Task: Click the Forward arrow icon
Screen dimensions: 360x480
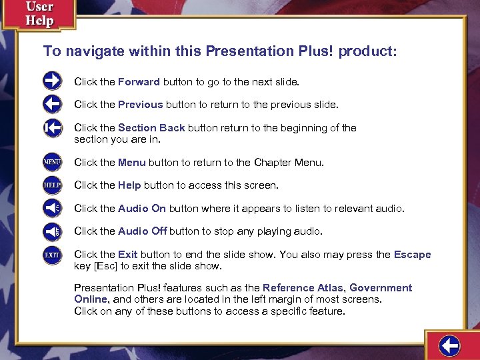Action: (52, 81)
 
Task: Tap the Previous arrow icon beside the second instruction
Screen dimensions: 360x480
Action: (52, 104)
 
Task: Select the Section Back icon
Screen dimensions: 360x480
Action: (52, 127)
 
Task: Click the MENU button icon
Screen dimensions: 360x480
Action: (52, 162)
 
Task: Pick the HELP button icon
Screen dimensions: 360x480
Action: (52, 185)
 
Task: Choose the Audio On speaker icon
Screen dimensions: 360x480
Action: (52, 208)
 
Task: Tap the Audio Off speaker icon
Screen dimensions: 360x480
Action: (52, 231)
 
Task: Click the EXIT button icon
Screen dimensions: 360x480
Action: (52, 255)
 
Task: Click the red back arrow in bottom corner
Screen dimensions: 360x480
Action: (450, 345)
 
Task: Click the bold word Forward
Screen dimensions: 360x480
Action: (139, 82)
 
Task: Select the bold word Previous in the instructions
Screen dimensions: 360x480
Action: (140, 105)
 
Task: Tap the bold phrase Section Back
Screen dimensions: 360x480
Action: (151, 127)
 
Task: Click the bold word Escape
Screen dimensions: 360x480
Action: (412, 255)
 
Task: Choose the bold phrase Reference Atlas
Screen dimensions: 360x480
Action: (303, 288)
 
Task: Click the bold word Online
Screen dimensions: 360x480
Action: (90, 299)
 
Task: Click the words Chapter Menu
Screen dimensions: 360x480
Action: (289, 162)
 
